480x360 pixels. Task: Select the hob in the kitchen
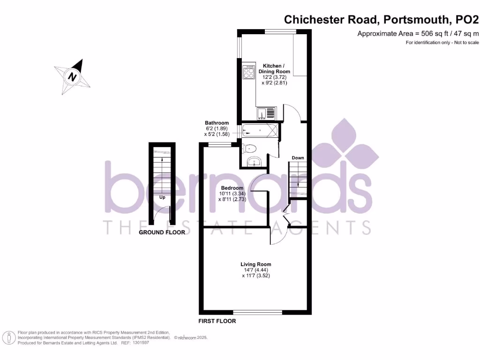248,74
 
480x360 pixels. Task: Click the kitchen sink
266,113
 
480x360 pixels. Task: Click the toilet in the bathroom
249,149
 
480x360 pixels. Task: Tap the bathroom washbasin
255,162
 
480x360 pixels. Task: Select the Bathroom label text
217,123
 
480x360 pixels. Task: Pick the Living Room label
256,264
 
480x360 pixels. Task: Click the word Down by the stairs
298,158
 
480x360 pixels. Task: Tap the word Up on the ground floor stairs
163,197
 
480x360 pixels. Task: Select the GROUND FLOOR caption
162,232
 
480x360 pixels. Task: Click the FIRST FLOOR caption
217,321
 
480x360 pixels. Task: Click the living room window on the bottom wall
257,312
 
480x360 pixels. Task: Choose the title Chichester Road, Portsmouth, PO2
382,20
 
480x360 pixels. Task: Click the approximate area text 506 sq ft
419,33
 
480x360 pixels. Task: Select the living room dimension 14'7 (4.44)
256,270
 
